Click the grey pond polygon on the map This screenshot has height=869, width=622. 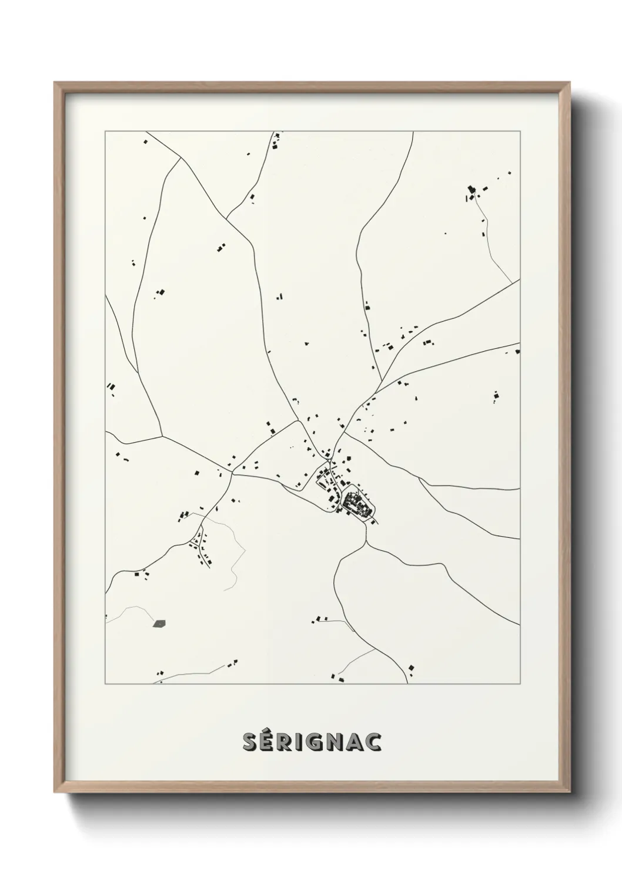159,623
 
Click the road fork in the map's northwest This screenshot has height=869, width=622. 179,157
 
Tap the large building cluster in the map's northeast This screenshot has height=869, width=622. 472,191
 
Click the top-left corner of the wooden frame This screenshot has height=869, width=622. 55,83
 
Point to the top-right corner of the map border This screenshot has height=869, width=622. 520,132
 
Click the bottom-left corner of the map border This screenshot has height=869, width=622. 105,684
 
